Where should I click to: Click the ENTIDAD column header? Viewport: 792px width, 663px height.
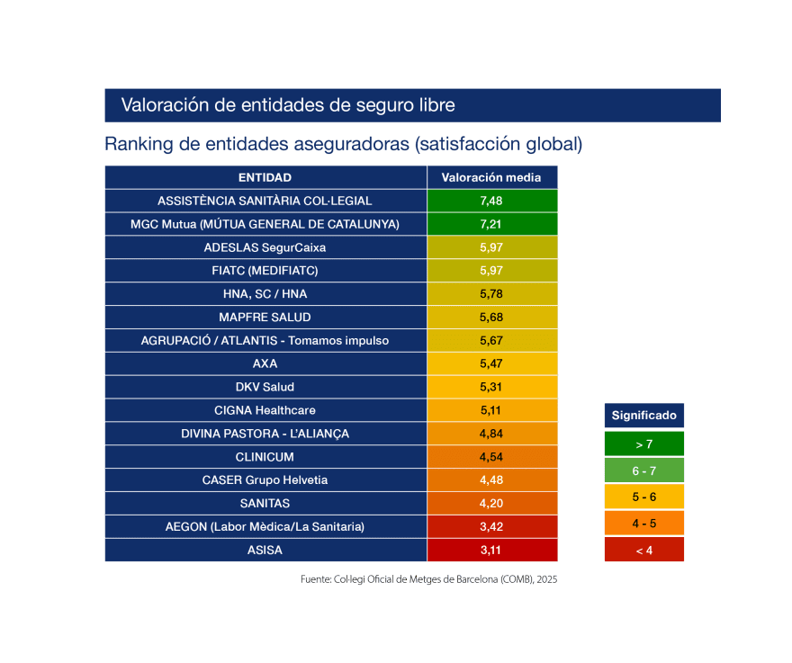point(265,177)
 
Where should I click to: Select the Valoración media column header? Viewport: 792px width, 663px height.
point(491,177)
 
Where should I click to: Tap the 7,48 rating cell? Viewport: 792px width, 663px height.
point(491,201)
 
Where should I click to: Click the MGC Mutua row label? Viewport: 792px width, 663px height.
point(265,224)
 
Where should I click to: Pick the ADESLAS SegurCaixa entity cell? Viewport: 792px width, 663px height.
point(265,247)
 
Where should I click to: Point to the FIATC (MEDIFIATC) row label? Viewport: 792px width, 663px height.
point(265,271)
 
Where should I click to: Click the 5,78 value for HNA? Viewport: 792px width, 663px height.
point(491,294)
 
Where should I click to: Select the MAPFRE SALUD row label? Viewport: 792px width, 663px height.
point(265,318)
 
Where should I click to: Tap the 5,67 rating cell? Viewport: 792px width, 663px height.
point(491,340)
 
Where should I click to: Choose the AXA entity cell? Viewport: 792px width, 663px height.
point(265,363)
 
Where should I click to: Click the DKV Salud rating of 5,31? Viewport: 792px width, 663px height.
point(491,387)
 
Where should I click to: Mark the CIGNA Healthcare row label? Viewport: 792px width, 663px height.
point(265,410)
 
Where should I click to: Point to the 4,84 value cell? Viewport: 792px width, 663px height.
point(491,434)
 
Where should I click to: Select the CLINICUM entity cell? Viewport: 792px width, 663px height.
point(265,457)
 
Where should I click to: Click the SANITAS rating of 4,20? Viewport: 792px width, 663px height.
point(491,503)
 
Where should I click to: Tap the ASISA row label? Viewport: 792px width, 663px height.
point(265,550)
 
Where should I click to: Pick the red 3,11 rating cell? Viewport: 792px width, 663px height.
point(491,550)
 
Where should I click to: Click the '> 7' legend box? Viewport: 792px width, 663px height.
point(643,444)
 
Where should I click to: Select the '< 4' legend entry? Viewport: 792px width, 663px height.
point(643,550)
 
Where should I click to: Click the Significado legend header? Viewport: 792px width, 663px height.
point(643,416)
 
